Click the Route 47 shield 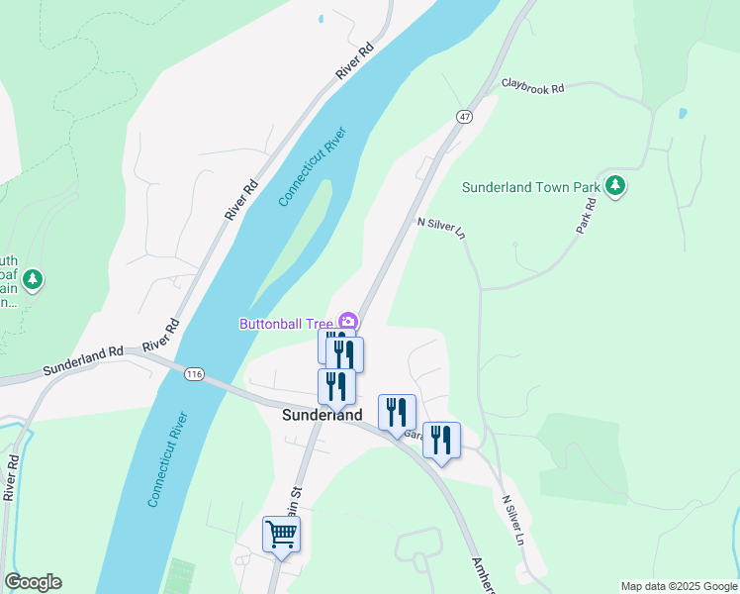coord(464,117)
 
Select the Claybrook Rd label coord(532,87)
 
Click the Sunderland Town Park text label coord(532,187)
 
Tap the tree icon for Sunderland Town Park coord(615,186)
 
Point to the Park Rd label coord(587,217)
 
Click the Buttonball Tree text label coord(286,323)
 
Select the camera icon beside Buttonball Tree coord(347,321)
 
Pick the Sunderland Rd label coord(82,360)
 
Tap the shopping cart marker coord(281,535)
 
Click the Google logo coord(33,582)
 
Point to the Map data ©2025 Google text coord(679,586)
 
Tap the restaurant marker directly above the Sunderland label coord(336,386)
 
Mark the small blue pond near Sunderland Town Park coord(682,113)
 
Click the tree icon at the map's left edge coord(34,280)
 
